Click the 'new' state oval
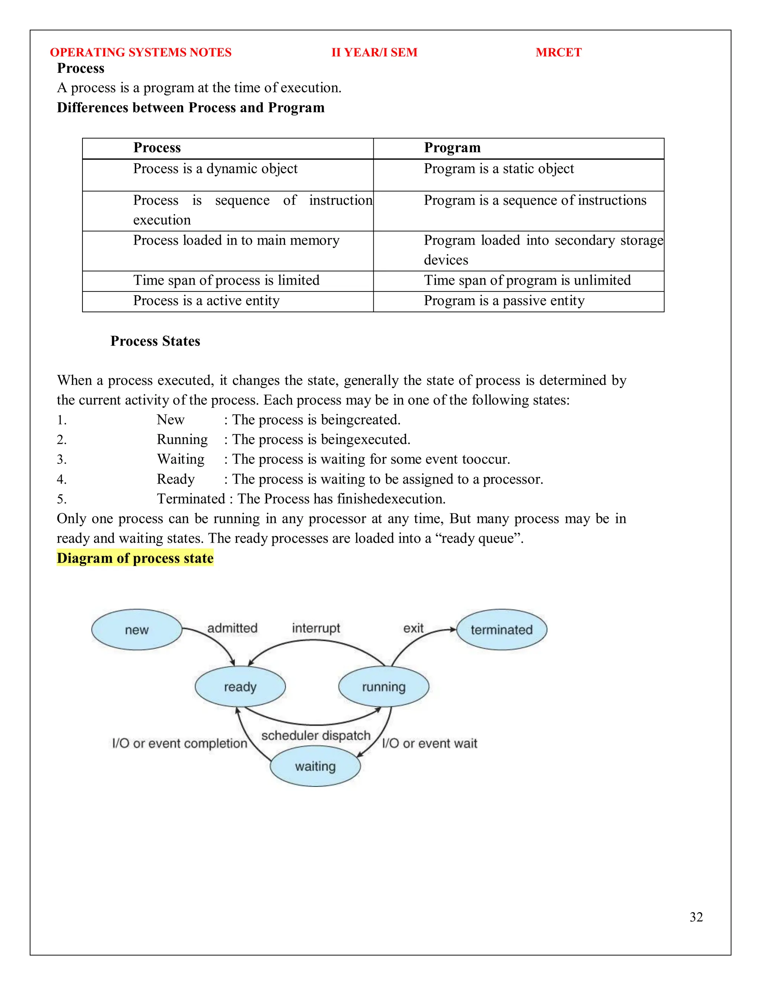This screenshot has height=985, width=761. (x=137, y=630)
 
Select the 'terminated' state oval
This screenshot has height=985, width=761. (x=501, y=630)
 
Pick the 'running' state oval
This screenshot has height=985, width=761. (x=383, y=687)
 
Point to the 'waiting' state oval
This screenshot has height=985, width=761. (x=315, y=766)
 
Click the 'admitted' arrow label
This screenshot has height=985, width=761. (x=232, y=628)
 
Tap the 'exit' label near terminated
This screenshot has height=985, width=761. (x=413, y=628)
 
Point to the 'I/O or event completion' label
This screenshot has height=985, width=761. (x=179, y=743)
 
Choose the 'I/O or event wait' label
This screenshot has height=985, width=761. (x=429, y=743)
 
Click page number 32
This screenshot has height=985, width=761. (x=696, y=917)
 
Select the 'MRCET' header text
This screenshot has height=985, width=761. (x=558, y=52)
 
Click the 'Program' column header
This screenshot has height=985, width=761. (x=452, y=148)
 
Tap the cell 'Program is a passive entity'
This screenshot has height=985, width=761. (x=504, y=301)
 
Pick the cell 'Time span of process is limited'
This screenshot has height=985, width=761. (x=226, y=281)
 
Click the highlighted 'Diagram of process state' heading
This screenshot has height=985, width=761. (x=135, y=558)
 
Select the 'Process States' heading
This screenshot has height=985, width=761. (x=155, y=341)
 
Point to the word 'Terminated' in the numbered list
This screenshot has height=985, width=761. (x=191, y=499)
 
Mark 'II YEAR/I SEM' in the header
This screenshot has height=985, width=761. (x=374, y=52)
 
